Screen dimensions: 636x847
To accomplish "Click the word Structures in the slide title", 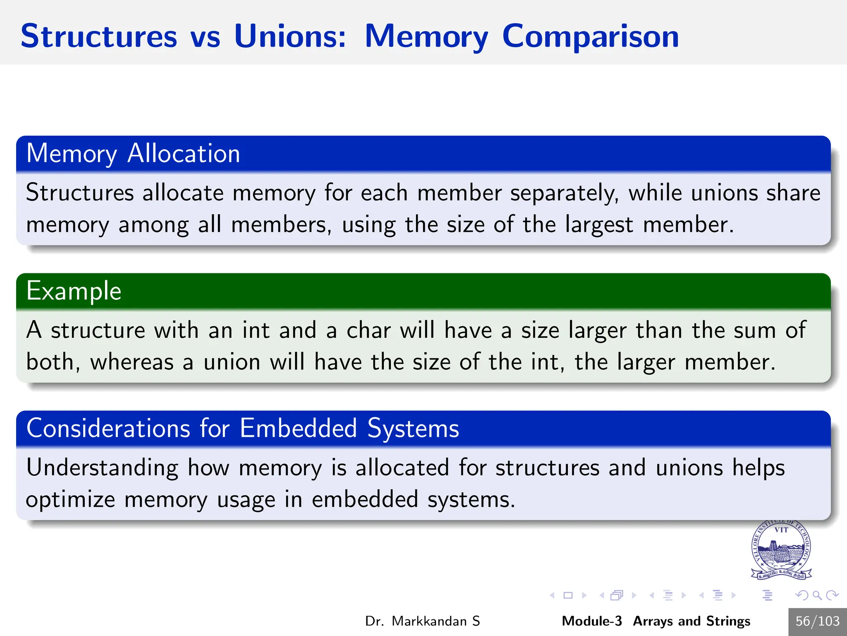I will [99, 36].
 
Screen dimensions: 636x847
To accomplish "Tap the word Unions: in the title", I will [290, 36].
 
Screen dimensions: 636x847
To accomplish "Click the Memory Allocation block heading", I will [133, 154].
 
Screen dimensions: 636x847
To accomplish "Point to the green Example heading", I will [74, 291].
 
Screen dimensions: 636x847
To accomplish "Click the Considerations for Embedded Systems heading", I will [243, 428].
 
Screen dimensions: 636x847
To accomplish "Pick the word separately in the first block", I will [565, 193].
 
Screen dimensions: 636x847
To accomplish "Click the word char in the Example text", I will [368, 330].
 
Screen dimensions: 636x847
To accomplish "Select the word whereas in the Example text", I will [132, 362].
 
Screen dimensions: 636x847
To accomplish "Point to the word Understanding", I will [102, 468].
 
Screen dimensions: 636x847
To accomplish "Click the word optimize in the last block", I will [70, 500].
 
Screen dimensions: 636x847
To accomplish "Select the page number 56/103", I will [817, 621].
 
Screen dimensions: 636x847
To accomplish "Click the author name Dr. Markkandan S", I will [422, 621].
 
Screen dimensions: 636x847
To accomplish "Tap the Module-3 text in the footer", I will [591, 621].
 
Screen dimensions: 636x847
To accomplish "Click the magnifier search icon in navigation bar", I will [817, 595].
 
